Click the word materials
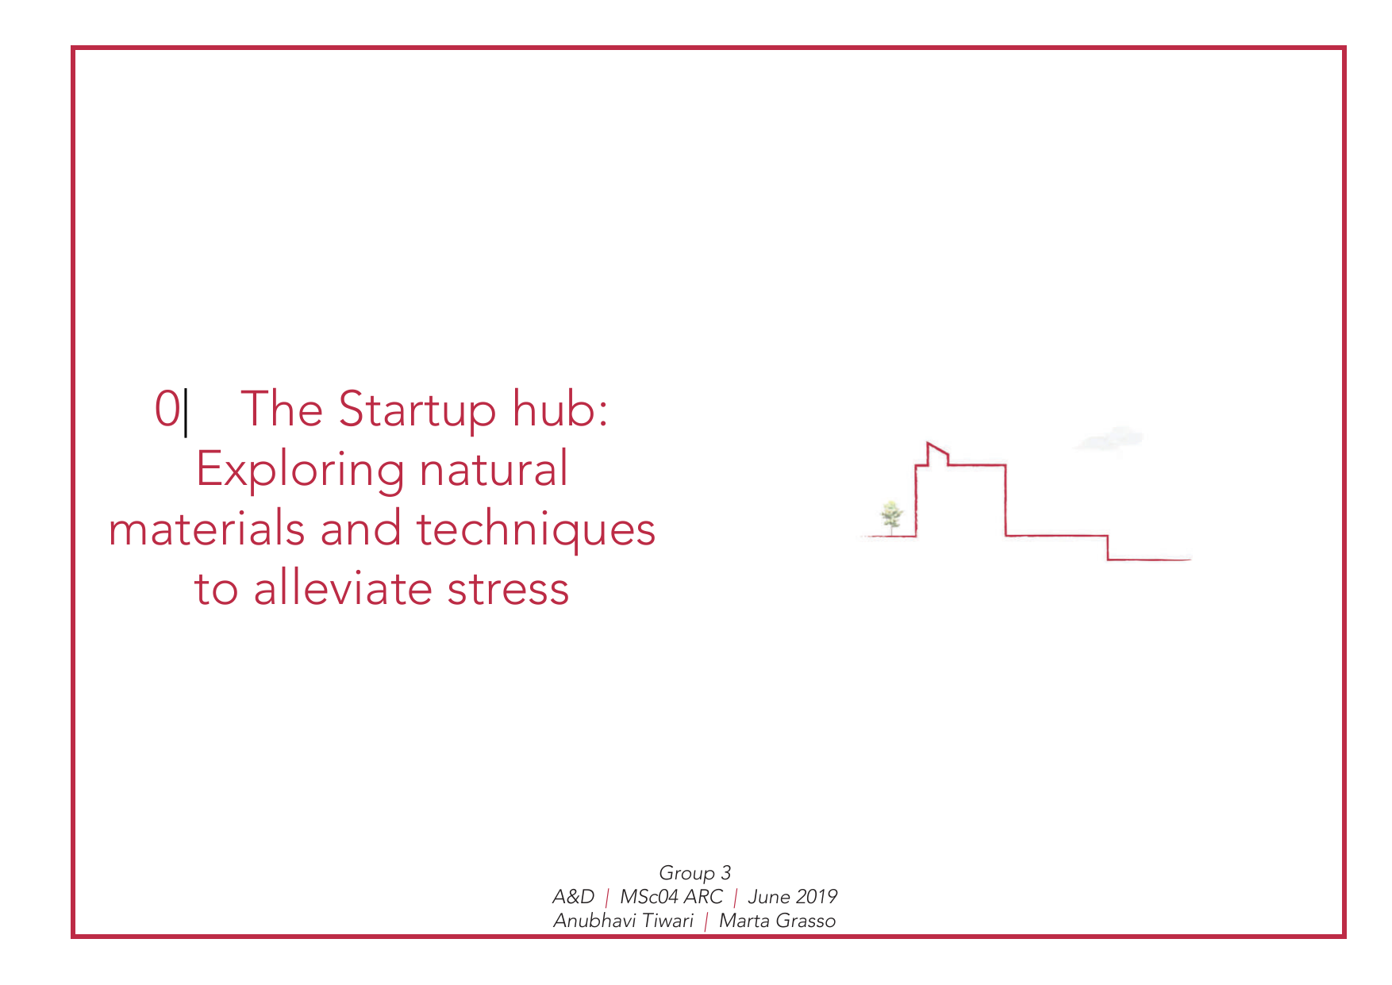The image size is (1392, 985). tap(206, 529)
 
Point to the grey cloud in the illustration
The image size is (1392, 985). tap(1109, 438)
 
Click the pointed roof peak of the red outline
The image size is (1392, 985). tap(929, 443)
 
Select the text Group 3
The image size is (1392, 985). tap(694, 873)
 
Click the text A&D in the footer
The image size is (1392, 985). tap(573, 897)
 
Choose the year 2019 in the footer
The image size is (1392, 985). tap(817, 897)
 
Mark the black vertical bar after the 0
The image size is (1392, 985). tap(186, 412)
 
